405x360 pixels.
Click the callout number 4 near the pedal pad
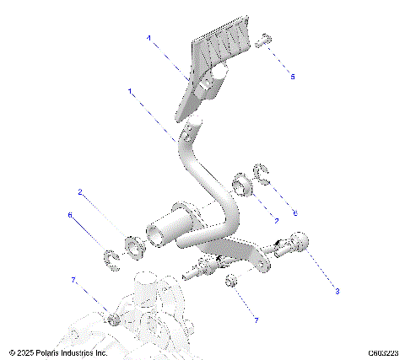(148, 38)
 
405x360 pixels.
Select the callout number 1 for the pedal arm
(129, 90)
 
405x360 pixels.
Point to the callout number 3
(337, 292)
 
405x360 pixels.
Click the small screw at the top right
(264, 38)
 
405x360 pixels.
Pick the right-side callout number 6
(294, 212)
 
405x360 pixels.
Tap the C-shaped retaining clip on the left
(111, 257)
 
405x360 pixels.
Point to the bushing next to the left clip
(133, 247)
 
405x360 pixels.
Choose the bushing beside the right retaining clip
(240, 182)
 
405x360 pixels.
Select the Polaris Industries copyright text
(58, 352)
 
